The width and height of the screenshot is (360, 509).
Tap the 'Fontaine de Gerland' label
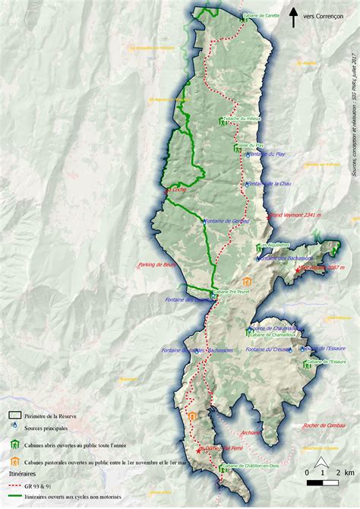click(227, 221)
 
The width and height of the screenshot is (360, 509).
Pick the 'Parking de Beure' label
click(157, 265)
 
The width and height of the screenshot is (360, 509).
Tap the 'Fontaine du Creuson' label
click(268, 349)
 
